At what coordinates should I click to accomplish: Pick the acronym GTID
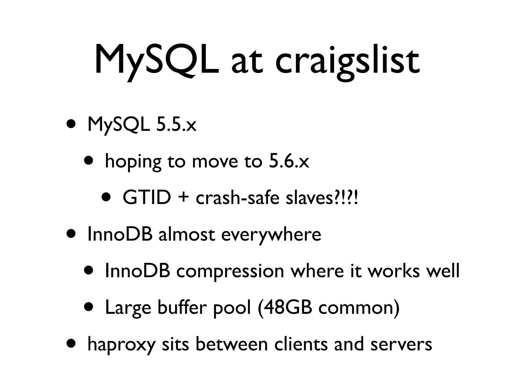tap(147, 198)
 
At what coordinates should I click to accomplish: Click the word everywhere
tap(271, 235)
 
